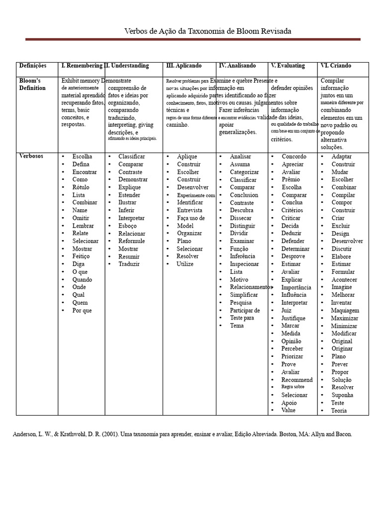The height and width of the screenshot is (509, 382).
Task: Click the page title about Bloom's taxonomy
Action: pyautogui.click(x=207, y=31)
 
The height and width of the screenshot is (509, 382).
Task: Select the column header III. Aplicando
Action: pyautogui.click(x=184, y=66)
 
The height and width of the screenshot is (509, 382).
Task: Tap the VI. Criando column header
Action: pyautogui.click(x=337, y=66)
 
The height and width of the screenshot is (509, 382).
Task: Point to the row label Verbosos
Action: pyautogui.click(x=31, y=156)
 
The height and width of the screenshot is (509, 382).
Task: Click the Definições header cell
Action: pyautogui.click(x=33, y=66)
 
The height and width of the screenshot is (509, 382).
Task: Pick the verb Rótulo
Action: pyautogui.click(x=81, y=187)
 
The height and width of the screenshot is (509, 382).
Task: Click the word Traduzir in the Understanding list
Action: pyautogui.click(x=129, y=264)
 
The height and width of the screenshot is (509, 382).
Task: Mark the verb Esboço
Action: pyautogui.click(x=128, y=226)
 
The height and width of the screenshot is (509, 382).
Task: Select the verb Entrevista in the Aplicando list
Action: pyautogui.click(x=190, y=210)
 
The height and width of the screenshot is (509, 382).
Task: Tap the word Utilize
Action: pyautogui.click(x=185, y=264)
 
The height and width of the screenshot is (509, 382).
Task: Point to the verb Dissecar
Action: pyautogui.click(x=241, y=218)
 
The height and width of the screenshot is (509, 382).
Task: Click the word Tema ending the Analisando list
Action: pyautogui.click(x=237, y=326)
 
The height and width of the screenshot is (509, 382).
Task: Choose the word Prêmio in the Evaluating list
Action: pyautogui.click(x=291, y=179)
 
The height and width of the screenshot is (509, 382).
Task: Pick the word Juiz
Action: pyautogui.click(x=286, y=310)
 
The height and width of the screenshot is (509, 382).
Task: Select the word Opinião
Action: pyautogui.click(x=291, y=341)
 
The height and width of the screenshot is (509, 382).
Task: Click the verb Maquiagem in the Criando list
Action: pyautogui.click(x=345, y=310)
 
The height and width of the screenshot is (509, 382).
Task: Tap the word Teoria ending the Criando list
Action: pyautogui.click(x=339, y=411)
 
